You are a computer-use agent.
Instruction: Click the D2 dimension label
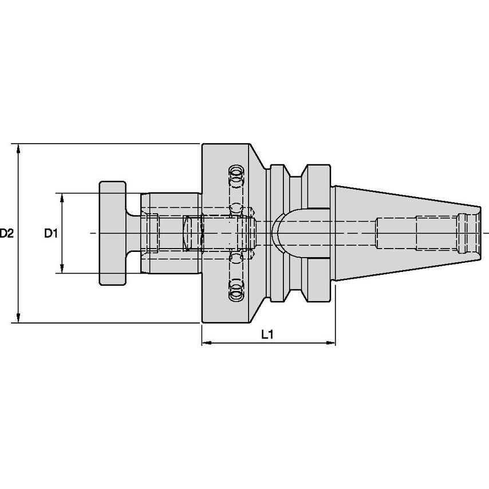tap(6, 234)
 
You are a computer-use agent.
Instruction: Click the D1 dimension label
tap(52, 234)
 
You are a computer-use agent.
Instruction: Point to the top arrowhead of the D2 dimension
tap(19, 148)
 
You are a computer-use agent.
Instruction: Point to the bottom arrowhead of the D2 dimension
tap(19, 318)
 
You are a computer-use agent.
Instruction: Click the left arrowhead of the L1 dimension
tap(206, 344)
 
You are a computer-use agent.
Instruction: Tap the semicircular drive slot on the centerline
tap(281, 234)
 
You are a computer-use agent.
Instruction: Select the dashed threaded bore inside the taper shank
tap(424, 233)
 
